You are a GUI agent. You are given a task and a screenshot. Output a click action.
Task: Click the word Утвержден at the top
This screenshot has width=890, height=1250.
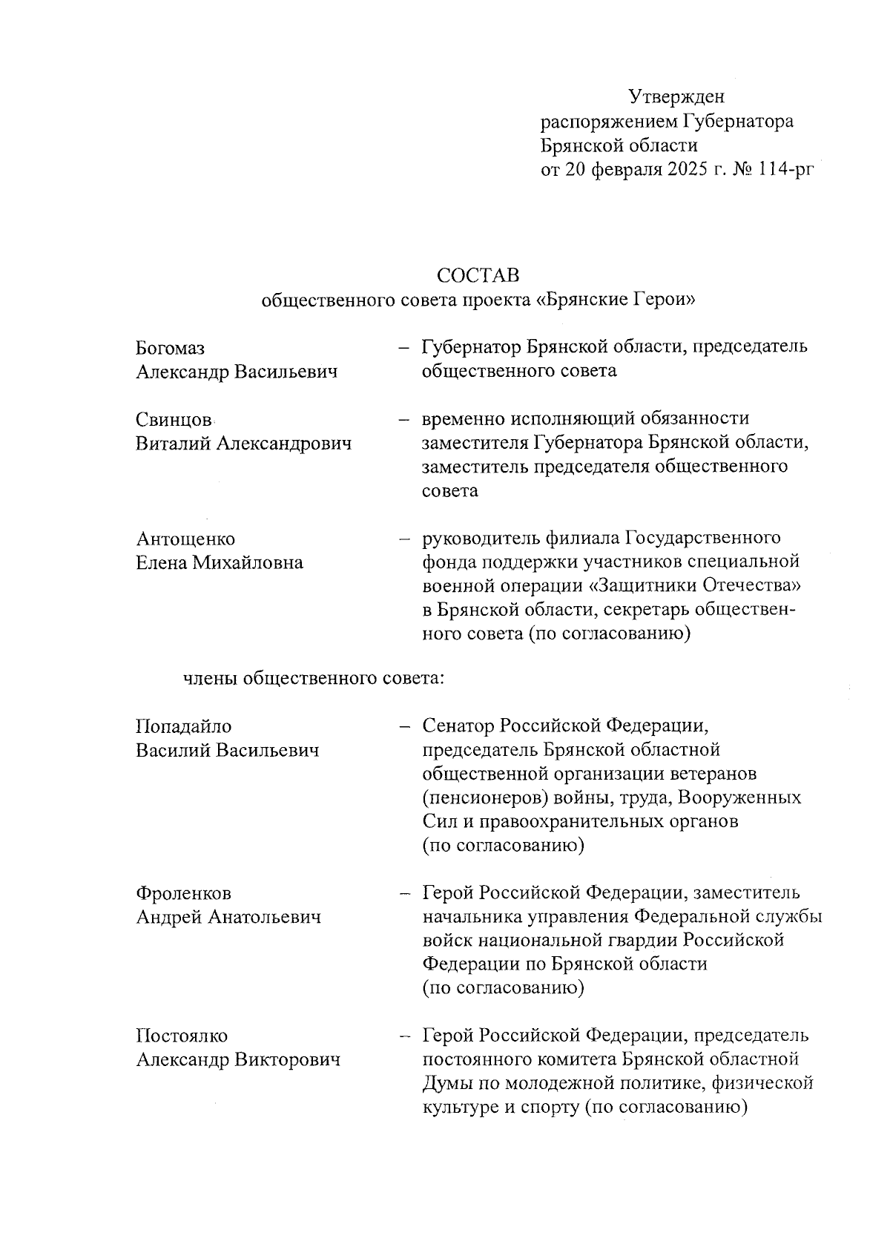click(x=676, y=96)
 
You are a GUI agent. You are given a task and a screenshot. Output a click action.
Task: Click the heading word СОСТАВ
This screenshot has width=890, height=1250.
click(x=478, y=275)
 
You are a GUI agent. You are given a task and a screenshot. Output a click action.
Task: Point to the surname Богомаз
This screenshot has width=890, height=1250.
click(x=171, y=348)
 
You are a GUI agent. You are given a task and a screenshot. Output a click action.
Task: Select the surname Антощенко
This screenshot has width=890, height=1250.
click(x=185, y=539)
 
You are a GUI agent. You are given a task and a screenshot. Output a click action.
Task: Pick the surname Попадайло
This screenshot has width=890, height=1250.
click(x=183, y=726)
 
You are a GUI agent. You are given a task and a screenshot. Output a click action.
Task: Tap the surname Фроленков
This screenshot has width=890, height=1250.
click(x=183, y=893)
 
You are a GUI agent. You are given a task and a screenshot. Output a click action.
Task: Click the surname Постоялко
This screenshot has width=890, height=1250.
click(x=182, y=1036)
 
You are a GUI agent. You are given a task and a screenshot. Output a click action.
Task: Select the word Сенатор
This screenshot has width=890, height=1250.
click(x=458, y=726)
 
